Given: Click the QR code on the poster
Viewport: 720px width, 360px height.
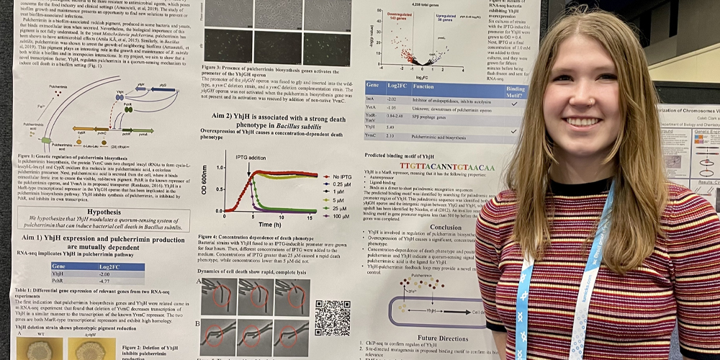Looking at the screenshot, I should pyautogui.click(x=333, y=318).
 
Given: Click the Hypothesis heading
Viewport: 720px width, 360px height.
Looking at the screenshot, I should pyautogui.click(x=104, y=213).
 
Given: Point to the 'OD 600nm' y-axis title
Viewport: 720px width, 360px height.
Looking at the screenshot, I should pyautogui.click(x=206, y=180).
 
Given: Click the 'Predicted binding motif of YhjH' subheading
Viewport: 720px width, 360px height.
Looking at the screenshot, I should pyautogui.click(x=408, y=155).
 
